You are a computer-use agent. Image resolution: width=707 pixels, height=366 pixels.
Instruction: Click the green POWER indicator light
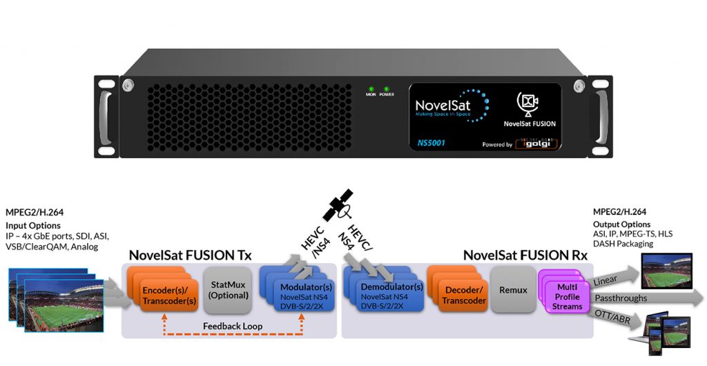(385, 89)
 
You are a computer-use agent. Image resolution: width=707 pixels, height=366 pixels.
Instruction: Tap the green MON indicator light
(371, 89)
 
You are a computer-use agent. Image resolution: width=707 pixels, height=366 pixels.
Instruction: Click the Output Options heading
(621, 224)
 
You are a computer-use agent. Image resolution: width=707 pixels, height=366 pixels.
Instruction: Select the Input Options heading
(32, 226)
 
